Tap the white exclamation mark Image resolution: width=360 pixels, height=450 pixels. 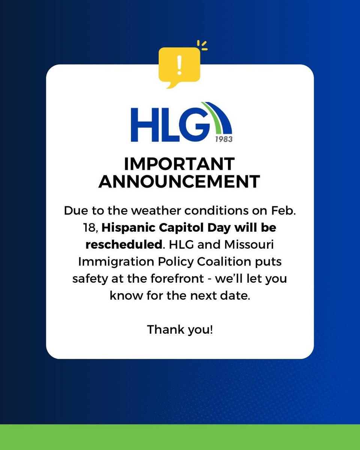[x=179, y=64]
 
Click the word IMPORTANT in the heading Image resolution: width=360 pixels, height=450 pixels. [x=179, y=164]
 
